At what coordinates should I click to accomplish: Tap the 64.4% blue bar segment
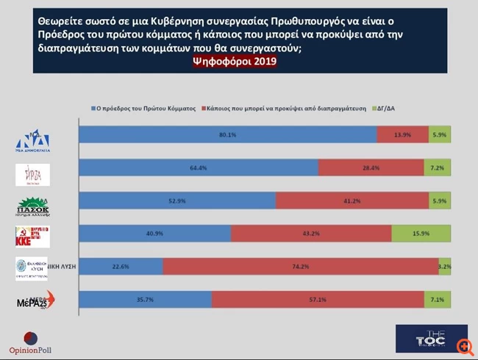(199, 168)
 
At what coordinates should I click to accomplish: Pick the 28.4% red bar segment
(371, 168)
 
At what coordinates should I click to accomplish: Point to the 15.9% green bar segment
(421, 234)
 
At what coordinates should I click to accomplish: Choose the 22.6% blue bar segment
(120, 267)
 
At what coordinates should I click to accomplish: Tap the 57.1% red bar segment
(318, 300)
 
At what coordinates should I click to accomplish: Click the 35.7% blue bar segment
(146, 300)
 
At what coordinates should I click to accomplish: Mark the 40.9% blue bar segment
(154, 234)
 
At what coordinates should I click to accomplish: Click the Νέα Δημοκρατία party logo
(33, 137)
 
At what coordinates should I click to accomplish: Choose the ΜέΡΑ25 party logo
(34, 300)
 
